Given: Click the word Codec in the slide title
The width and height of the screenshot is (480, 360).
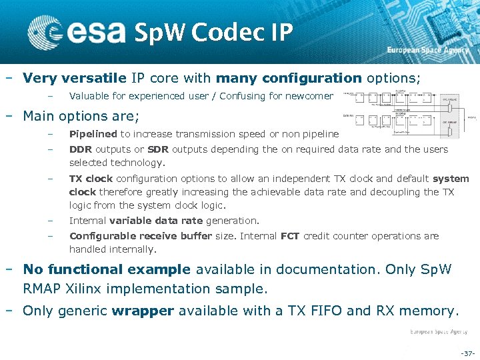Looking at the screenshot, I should coord(209,32).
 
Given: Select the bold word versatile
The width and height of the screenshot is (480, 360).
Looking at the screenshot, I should coord(87,78).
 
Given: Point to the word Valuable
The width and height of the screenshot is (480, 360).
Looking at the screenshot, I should coord(89,96).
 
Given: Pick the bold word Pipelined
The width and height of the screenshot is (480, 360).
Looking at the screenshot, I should coord(93,134).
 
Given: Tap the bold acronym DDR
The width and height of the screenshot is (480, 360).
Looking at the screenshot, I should coord(81,149).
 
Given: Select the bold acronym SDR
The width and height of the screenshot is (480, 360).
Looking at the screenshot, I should coord(158,149).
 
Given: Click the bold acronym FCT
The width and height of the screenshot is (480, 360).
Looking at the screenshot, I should coord(290,235).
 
